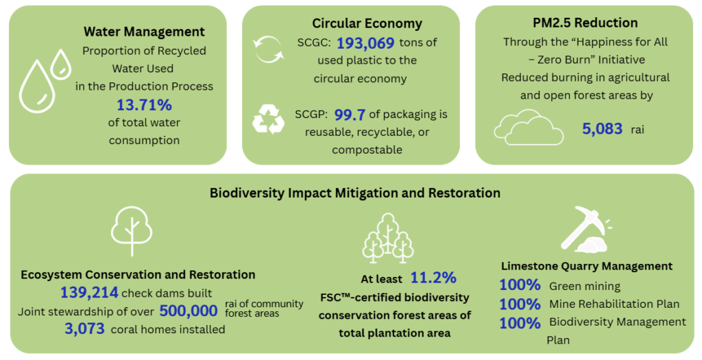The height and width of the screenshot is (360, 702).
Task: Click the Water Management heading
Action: click(144, 32)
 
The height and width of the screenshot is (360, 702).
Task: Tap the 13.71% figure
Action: click(144, 105)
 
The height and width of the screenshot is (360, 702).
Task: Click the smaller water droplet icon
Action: click(60, 64)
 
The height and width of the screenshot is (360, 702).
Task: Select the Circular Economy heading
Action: click(367, 23)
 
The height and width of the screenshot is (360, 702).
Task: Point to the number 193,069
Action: click(365, 43)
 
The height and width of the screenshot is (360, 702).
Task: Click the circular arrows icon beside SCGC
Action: click(268, 49)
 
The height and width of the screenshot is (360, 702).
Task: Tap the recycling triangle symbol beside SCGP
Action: click(268, 119)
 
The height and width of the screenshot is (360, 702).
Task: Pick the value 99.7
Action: click(350, 115)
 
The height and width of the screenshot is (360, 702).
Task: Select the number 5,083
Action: click(602, 129)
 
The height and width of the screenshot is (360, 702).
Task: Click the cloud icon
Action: click(529, 128)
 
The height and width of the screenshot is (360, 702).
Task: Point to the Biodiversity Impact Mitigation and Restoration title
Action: click(355, 193)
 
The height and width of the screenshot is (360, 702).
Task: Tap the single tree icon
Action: click(132, 230)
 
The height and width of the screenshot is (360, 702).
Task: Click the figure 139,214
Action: click(90, 292)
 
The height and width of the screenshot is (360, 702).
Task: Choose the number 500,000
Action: click(189, 311)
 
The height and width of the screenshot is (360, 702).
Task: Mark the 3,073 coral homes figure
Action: click(84, 329)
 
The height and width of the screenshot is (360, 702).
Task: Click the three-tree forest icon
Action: click(388, 238)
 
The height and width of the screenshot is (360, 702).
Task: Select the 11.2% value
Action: click(433, 278)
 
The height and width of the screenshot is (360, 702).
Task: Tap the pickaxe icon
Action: click(585, 228)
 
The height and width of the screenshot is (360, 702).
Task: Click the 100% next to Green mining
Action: click(520, 285)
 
